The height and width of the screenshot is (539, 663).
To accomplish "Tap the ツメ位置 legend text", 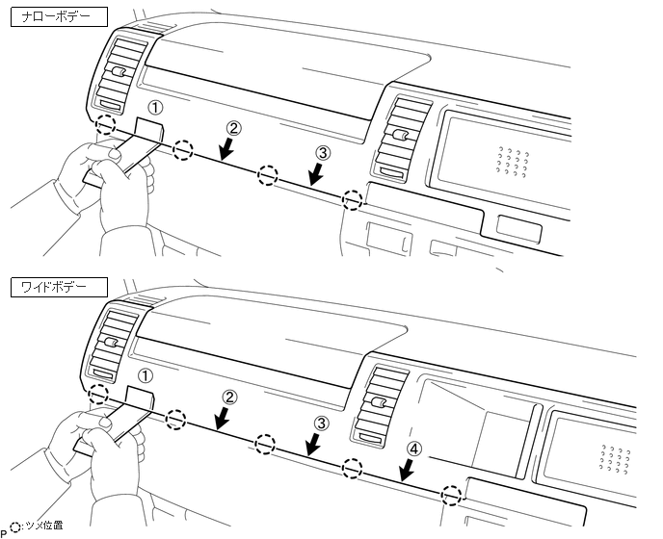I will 43,526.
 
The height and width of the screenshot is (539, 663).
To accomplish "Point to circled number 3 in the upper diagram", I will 322,153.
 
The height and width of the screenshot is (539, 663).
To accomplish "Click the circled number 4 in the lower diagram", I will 412,449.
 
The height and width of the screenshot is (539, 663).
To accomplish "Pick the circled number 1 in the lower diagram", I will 146,374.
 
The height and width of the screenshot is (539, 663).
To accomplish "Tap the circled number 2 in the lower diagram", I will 229,396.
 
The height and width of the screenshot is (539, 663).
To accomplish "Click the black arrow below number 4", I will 407,470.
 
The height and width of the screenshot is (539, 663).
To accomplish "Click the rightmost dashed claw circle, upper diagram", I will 354,200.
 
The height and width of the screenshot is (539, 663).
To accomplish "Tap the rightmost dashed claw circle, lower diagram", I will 450,495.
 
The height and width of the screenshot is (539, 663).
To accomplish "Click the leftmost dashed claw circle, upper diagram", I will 107,126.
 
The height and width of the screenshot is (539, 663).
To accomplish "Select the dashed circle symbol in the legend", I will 14,526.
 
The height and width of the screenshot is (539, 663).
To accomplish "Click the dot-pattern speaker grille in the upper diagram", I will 514,163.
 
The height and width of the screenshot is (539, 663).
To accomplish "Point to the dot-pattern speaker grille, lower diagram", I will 614,458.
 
